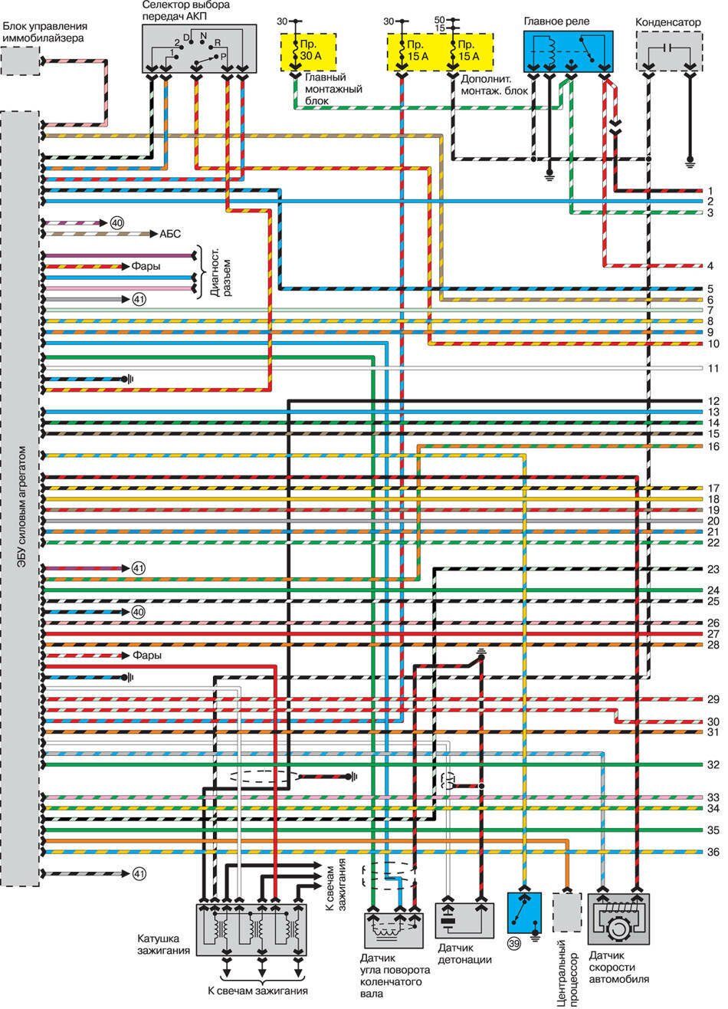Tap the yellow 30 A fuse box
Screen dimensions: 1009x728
(313, 51)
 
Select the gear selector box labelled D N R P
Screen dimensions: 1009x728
(196, 48)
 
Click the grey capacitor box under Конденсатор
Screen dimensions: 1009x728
(668, 51)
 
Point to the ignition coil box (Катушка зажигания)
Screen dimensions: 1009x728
(252, 928)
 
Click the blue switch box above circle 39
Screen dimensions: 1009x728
(526, 914)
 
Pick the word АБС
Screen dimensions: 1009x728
(170, 234)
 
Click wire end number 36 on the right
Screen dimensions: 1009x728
(712, 852)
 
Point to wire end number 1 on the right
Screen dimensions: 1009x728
(712, 190)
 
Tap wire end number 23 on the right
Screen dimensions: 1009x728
(712, 569)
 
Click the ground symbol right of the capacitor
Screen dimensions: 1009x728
(690, 163)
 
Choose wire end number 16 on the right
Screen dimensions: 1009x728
(712, 445)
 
